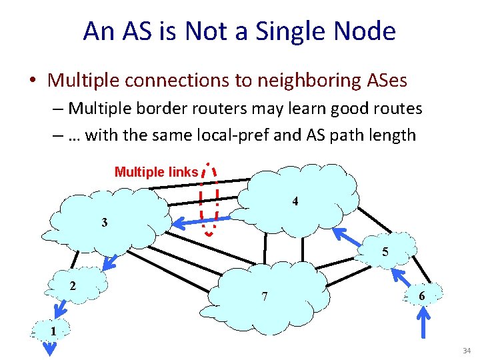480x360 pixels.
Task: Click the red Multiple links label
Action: (156, 172)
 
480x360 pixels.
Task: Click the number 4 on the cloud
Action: (295, 201)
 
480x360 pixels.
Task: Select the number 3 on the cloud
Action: (105, 222)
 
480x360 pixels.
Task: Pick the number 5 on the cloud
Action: (385, 252)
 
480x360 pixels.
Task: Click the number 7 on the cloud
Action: (265, 296)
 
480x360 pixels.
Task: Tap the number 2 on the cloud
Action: (72, 285)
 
